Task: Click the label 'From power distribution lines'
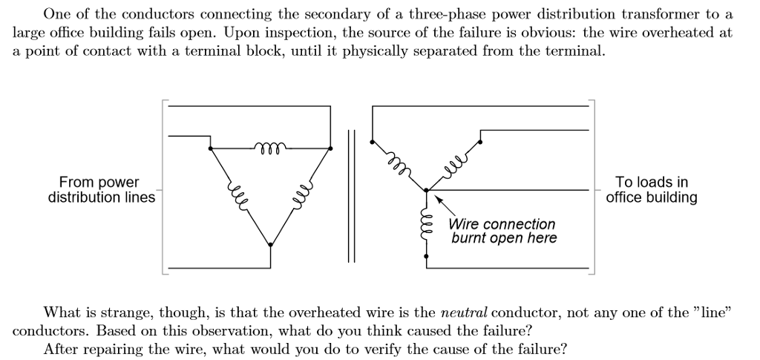pyautogui.click(x=101, y=190)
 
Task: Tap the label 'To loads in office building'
pyautogui.click(x=651, y=190)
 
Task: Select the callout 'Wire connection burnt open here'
pyautogui.click(x=502, y=231)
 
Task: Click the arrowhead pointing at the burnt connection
pyautogui.click(x=438, y=199)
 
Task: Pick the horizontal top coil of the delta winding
pyautogui.click(x=271, y=145)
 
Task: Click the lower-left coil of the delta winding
pyautogui.click(x=240, y=195)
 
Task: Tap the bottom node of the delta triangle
pyautogui.click(x=270, y=244)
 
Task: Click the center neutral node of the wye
pyautogui.click(x=426, y=191)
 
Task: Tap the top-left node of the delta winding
pyautogui.click(x=212, y=148)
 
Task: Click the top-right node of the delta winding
pyautogui.click(x=330, y=148)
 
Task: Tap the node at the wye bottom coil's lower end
pyautogui.click(x=426, y=256)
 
